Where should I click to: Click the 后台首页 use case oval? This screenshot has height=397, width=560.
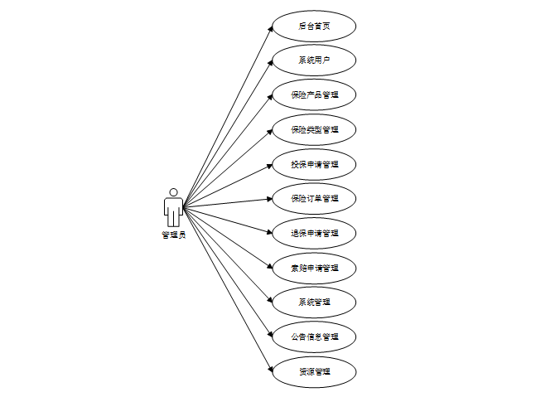pyautogui.click(x=314, y=26)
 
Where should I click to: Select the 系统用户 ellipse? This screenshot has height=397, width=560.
pyautogui.click(x=314, y=61)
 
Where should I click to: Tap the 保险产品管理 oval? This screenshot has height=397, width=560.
pyautogui.click(x=314, y=95)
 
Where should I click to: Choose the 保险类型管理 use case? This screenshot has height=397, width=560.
pyautogui.click(x=314, y=129)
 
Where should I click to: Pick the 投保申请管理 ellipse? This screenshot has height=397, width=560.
pyautogui.click(x=314, y=164)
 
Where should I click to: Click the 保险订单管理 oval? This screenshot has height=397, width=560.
pyautogui.click(x=314, y=199)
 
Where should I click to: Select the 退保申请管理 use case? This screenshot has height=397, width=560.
pyautogui.click(x=314, y=233)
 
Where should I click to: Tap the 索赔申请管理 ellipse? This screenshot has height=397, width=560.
pyautogui.click(x=314, y=268)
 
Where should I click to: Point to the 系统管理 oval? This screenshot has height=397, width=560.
pyautogui.click(x=314, y=303)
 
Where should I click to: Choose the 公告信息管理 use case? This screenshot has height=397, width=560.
pyautogui.click(x=314, y=336)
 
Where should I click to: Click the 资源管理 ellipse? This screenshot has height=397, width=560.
pyautogui.click(x=314, y=371)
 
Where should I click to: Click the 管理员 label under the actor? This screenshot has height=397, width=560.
pyautogui.click(x=173, y=235)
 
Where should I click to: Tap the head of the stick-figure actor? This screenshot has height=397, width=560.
pyautogui.click(x=173, y=192)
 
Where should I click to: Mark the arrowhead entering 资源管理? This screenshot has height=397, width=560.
pyautogui.click(x=270, y=369)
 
